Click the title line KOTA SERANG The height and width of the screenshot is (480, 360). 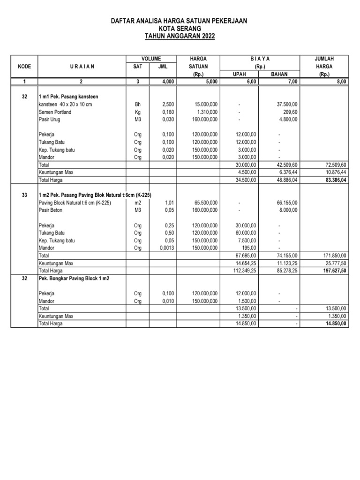pos(180,29)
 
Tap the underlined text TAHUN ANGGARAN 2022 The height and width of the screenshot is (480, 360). pos(180,36)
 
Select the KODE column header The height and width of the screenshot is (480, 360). pos(24,67)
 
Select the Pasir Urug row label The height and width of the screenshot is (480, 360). pos(49,120)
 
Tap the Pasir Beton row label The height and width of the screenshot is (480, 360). pos(50,210)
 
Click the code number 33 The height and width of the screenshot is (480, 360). pos(24,195)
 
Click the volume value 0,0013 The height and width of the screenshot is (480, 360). pos(165,247)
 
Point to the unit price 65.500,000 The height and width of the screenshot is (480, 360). pos(204,202)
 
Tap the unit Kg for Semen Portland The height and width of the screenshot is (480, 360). pos(137,112)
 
